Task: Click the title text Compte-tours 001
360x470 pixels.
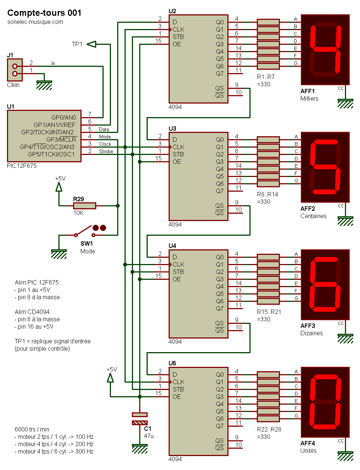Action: coord(44,13)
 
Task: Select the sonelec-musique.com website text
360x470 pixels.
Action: coord(35,22)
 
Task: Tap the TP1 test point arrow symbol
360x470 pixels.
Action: coord(91,44)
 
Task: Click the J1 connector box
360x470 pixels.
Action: coord(15,70)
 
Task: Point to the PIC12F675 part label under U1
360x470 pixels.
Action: coord(22,166)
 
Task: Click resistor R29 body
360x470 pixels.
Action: coord(84,206)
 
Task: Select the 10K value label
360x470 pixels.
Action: coord(78,213)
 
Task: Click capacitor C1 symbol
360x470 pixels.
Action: coord(140,419)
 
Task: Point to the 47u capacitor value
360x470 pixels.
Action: coord(148,436)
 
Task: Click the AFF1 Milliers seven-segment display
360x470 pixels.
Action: coord(325,50)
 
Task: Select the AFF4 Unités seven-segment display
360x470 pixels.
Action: coord(325,402)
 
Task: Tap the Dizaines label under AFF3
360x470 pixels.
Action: coord(312,333)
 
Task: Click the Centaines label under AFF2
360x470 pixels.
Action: coord(313,216)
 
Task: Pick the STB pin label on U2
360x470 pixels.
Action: coord(178,37)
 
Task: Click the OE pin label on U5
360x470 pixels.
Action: coord(177,397)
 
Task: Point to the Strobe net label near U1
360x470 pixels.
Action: coord(106,151)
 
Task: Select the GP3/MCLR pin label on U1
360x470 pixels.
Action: coord(61,140)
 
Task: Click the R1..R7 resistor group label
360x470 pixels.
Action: coord(266,77)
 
